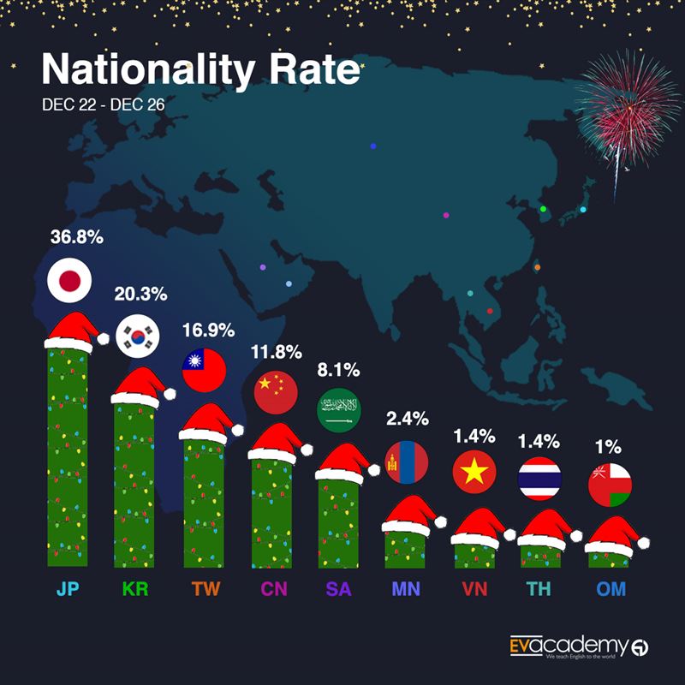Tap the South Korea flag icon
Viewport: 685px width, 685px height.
click(138, 335)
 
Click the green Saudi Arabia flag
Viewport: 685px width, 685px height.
click(339, 411)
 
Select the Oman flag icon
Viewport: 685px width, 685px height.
click(610, 485)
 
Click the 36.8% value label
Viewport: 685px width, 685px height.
click(76, 236)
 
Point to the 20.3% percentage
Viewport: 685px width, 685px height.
click(140, 294)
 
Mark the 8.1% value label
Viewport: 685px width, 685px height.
click(340, 371)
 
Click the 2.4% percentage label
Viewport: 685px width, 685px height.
click(404, 420)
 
